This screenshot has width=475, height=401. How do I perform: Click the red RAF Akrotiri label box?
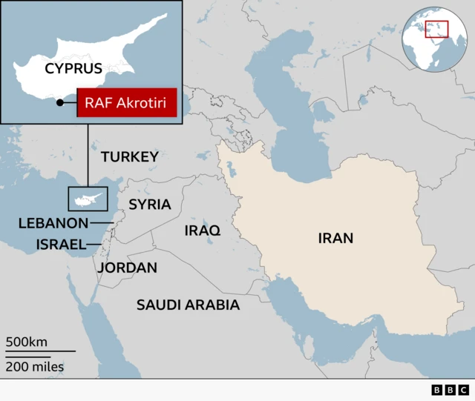coord(127,103)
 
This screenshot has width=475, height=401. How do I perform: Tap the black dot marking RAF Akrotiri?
coord(59,103)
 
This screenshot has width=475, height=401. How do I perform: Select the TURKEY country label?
coord(130,156)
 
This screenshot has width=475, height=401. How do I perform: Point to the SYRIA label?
coord(150,204)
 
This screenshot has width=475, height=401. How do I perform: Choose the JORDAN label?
coord(127,268)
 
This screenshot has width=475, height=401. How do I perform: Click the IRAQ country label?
coord(203,231)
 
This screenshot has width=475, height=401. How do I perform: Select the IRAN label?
coord(335,238)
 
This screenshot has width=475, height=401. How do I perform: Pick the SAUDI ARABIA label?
coord(188,305)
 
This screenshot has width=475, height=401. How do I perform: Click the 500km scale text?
coord(27,342)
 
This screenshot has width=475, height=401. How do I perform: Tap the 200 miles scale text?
coord(34,366)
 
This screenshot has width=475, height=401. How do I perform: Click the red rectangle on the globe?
coord(436,29)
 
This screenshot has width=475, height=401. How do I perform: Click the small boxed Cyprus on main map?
coord(88,199)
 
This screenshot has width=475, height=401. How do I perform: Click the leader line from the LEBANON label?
coord(101,222)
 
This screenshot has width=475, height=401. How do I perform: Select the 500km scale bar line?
coord(41,351)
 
